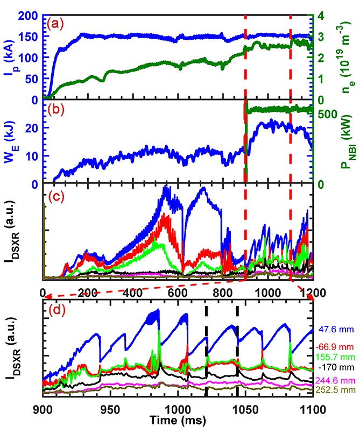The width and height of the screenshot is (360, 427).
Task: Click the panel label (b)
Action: (x=56, y=109)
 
